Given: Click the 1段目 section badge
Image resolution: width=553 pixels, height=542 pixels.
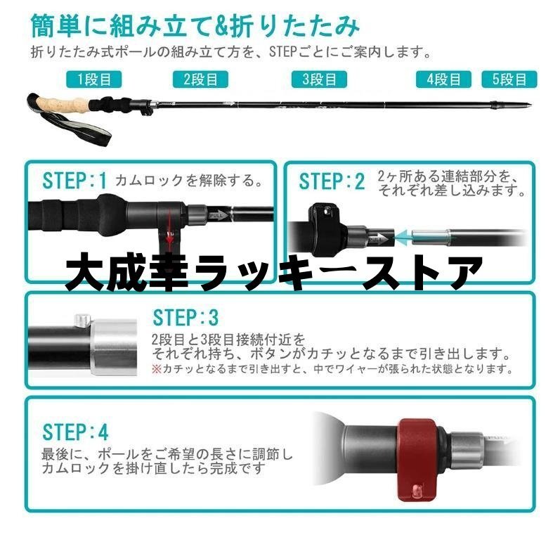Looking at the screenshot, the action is coord(94,79).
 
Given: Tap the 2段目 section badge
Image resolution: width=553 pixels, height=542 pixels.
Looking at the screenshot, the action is coord(200,79).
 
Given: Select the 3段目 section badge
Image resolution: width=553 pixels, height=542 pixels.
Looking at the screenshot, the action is coord(319,79).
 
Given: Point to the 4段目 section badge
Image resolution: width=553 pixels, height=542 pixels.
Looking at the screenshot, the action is coord(443,79).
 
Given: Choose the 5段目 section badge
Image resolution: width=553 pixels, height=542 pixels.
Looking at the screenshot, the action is coord(509,79).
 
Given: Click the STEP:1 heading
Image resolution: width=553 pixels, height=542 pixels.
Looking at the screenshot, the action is coord(74,181).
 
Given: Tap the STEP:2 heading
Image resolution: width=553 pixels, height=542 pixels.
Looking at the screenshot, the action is coord(332,181).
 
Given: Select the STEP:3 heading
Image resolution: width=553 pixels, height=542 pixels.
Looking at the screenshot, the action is coord(186,318).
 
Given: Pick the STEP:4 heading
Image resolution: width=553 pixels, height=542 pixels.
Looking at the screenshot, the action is coord(75,432).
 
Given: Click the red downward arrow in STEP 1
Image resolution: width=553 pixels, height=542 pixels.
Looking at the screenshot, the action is coord(169,226).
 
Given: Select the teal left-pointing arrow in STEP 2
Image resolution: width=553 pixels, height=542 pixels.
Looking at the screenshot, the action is coord(404,238).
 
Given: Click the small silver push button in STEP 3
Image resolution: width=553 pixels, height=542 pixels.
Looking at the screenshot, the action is coord(82,319).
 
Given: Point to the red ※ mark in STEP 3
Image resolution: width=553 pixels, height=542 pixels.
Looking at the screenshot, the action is coord(157,370).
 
